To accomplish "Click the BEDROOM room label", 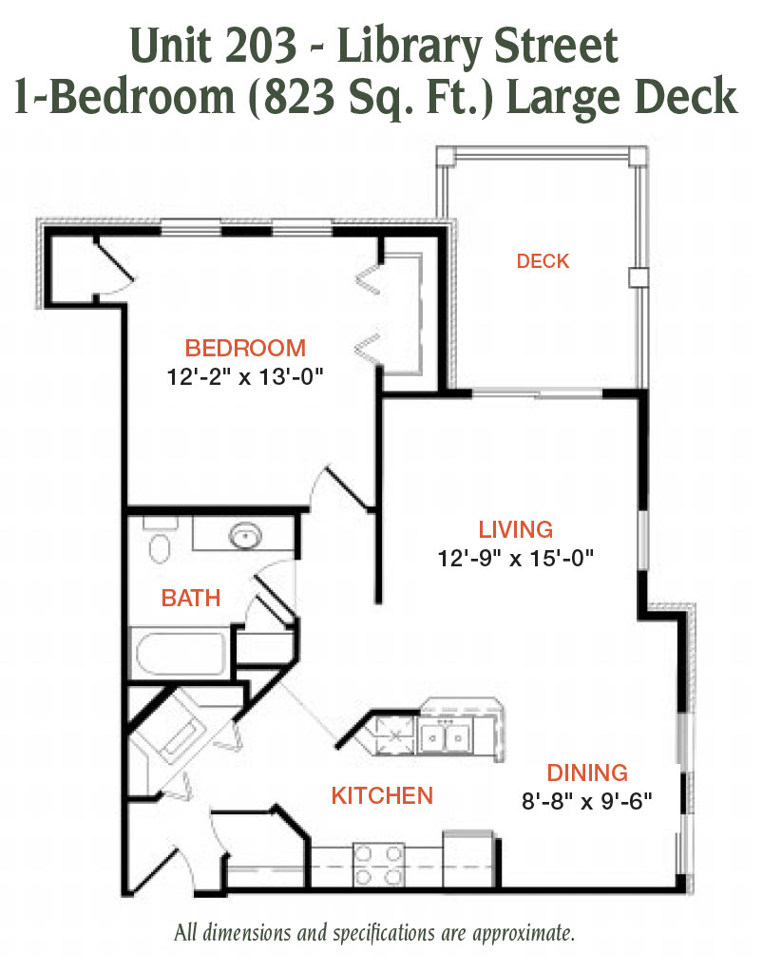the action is coord(246,348).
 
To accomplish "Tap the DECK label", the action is coord(543,261).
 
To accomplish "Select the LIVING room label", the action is coord(516,529).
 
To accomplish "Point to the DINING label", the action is coord(587,773).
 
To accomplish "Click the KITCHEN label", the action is coord(382,796).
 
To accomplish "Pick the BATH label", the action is coord(191,599).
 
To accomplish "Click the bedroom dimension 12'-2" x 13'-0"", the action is coord(246,376).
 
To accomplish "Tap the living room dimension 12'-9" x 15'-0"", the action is coord(516,559).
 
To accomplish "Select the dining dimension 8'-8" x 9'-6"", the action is coord(587,802).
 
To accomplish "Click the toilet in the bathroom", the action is coord(160,541).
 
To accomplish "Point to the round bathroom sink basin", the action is coord(246,535).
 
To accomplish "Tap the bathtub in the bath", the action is coord(180,654).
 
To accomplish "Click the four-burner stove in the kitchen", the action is coord(378,865).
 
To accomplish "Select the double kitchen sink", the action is coord(445,736).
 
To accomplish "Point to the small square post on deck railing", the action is coord(639,277).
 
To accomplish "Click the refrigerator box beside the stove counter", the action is coord(469,859).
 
